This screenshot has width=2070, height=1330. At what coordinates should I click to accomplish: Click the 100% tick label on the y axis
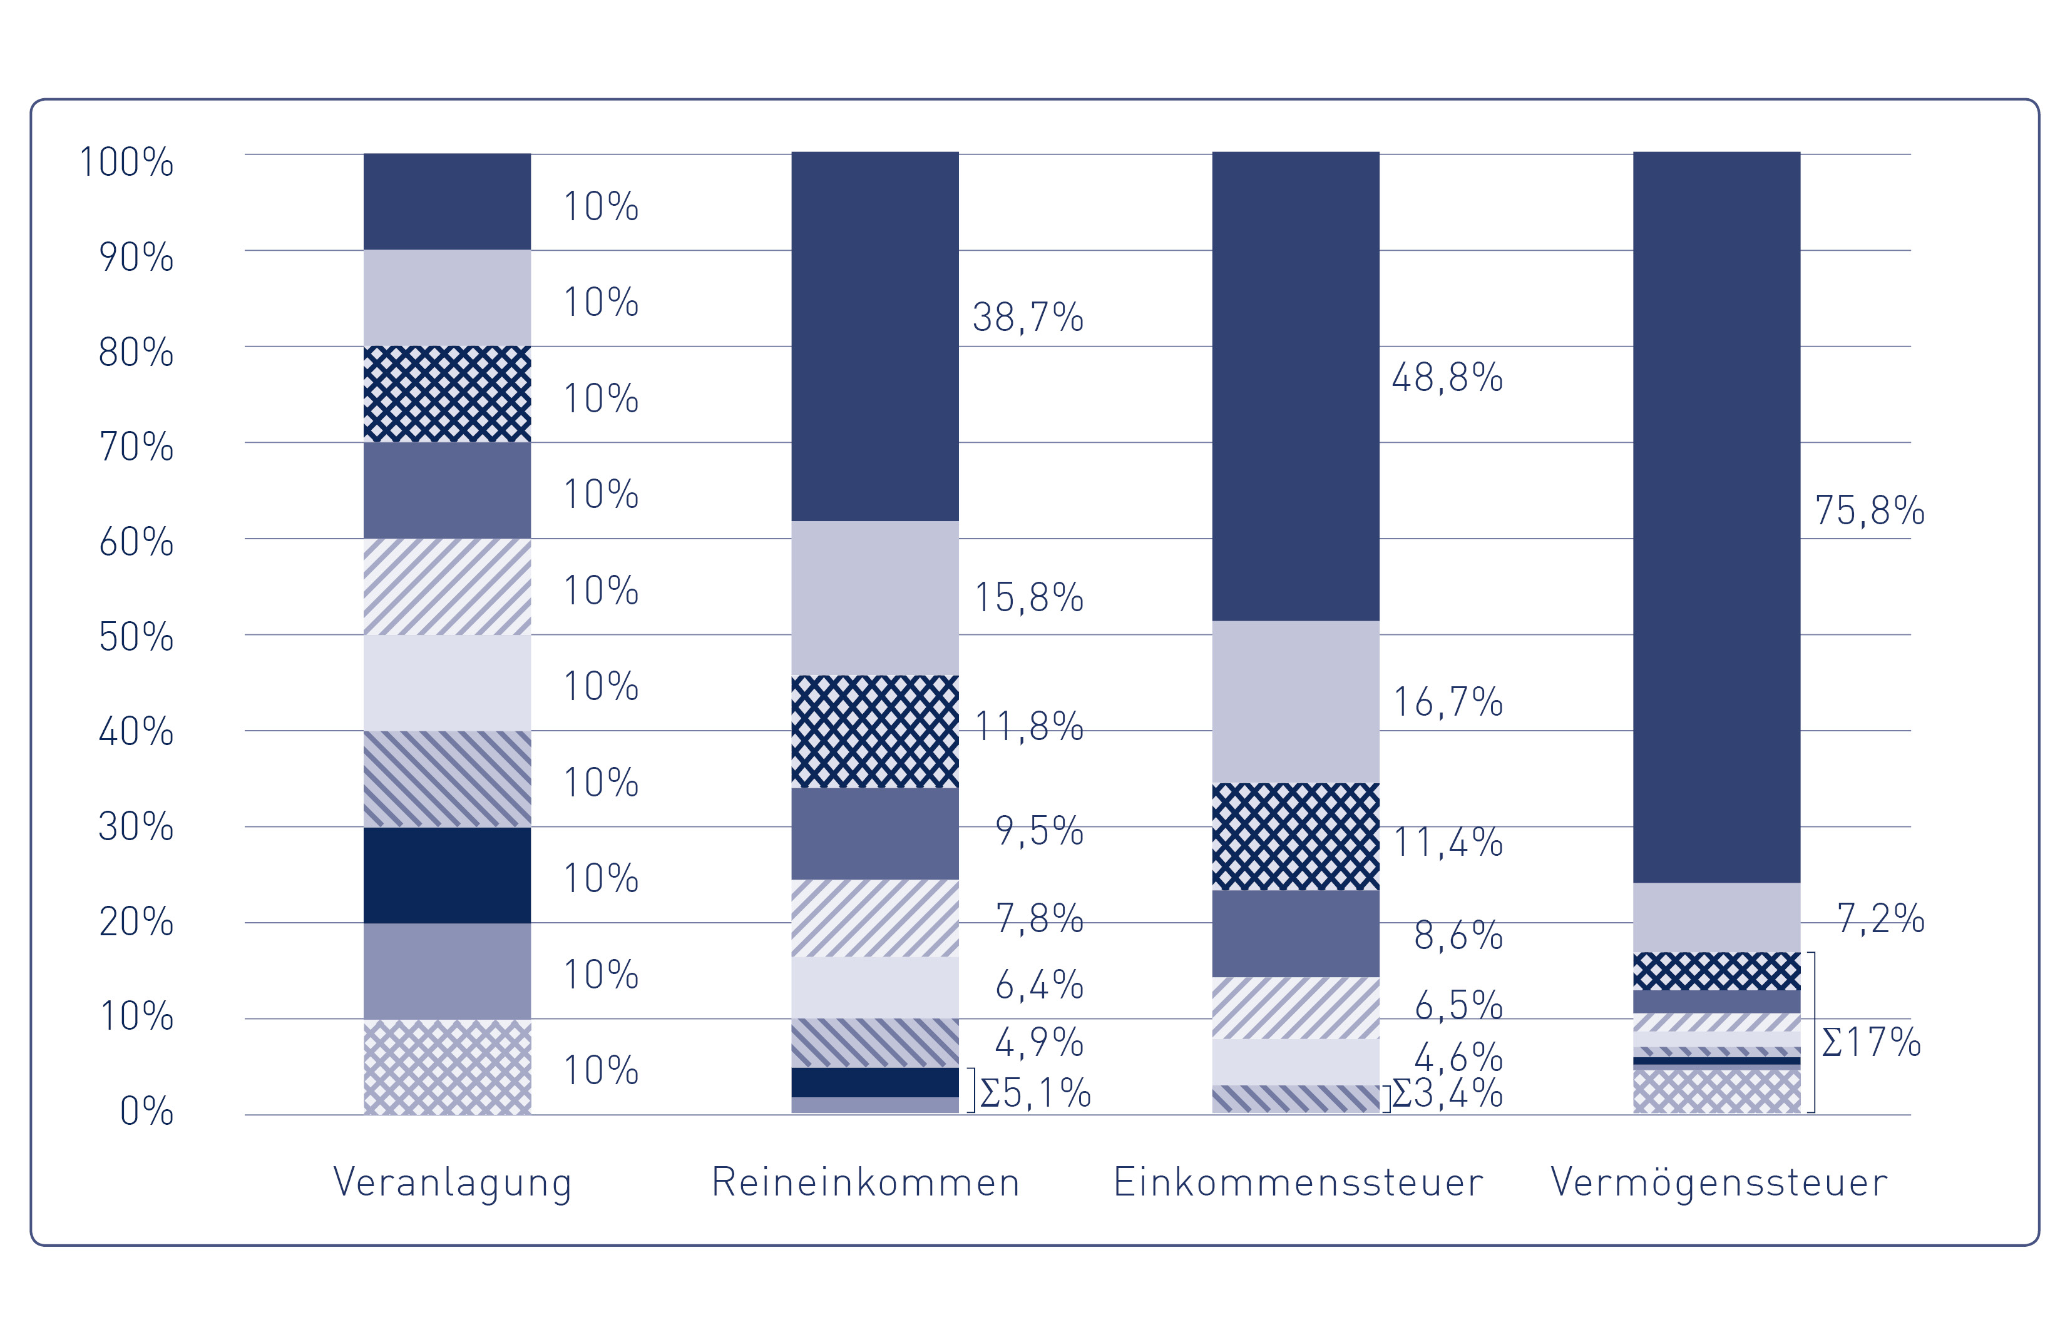click(126, 163)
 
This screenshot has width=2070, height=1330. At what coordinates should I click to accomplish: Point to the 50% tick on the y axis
click(136, 637)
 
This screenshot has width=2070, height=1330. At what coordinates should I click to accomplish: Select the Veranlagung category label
click(452, 1182)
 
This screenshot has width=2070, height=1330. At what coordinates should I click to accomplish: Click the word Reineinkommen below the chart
click(866, 1182)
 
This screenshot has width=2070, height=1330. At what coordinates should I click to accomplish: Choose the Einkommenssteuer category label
click(1298, 1182)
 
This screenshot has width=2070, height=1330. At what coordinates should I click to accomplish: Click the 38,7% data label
click(1027, 318)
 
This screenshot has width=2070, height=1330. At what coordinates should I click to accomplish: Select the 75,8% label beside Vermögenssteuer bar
click(1868, 511)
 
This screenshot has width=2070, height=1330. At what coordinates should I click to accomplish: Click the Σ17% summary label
click(1870, 1042)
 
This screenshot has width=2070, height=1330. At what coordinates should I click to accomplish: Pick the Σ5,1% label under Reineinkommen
click(1035, 1094)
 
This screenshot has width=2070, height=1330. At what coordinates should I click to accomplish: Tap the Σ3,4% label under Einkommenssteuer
click(1448, 1094)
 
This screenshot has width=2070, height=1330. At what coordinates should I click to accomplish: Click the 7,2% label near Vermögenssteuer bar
click(1880, 919)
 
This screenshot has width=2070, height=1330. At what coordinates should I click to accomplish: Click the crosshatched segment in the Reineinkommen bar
click(874, 731)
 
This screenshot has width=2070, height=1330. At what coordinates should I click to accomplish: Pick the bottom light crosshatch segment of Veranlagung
click(447, 1067)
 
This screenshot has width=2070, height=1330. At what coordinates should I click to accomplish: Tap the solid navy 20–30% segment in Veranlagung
click(447, 875)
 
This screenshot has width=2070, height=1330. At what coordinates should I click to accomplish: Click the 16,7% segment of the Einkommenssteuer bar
click(1295, 701)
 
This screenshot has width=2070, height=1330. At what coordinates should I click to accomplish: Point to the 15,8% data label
click(1028, 597)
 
